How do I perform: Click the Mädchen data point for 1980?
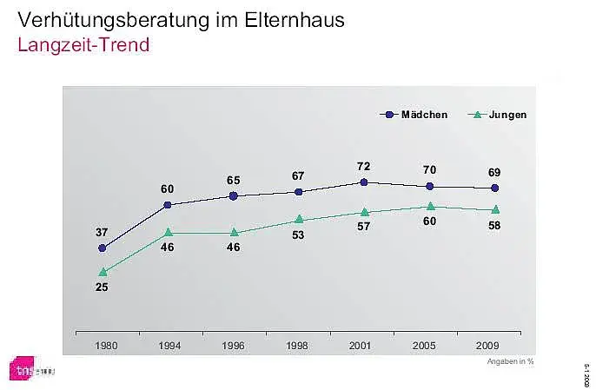point(103,248)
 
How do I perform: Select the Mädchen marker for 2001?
point(364,182)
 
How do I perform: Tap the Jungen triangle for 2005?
point(430,207)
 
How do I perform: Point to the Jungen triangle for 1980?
point(103,272)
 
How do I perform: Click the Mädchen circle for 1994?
point(168,205)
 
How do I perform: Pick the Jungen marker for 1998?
point(299,220)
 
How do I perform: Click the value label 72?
point(364,165)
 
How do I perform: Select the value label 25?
point(103,288)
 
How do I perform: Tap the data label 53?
point(299,235)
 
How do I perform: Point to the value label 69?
point(494,171)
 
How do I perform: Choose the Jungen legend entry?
point(499,114)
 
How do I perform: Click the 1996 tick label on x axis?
point(234,345)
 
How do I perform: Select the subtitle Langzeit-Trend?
point(83,45)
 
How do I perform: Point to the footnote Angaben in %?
point(510,361)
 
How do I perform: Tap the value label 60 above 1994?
point(168,188)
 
